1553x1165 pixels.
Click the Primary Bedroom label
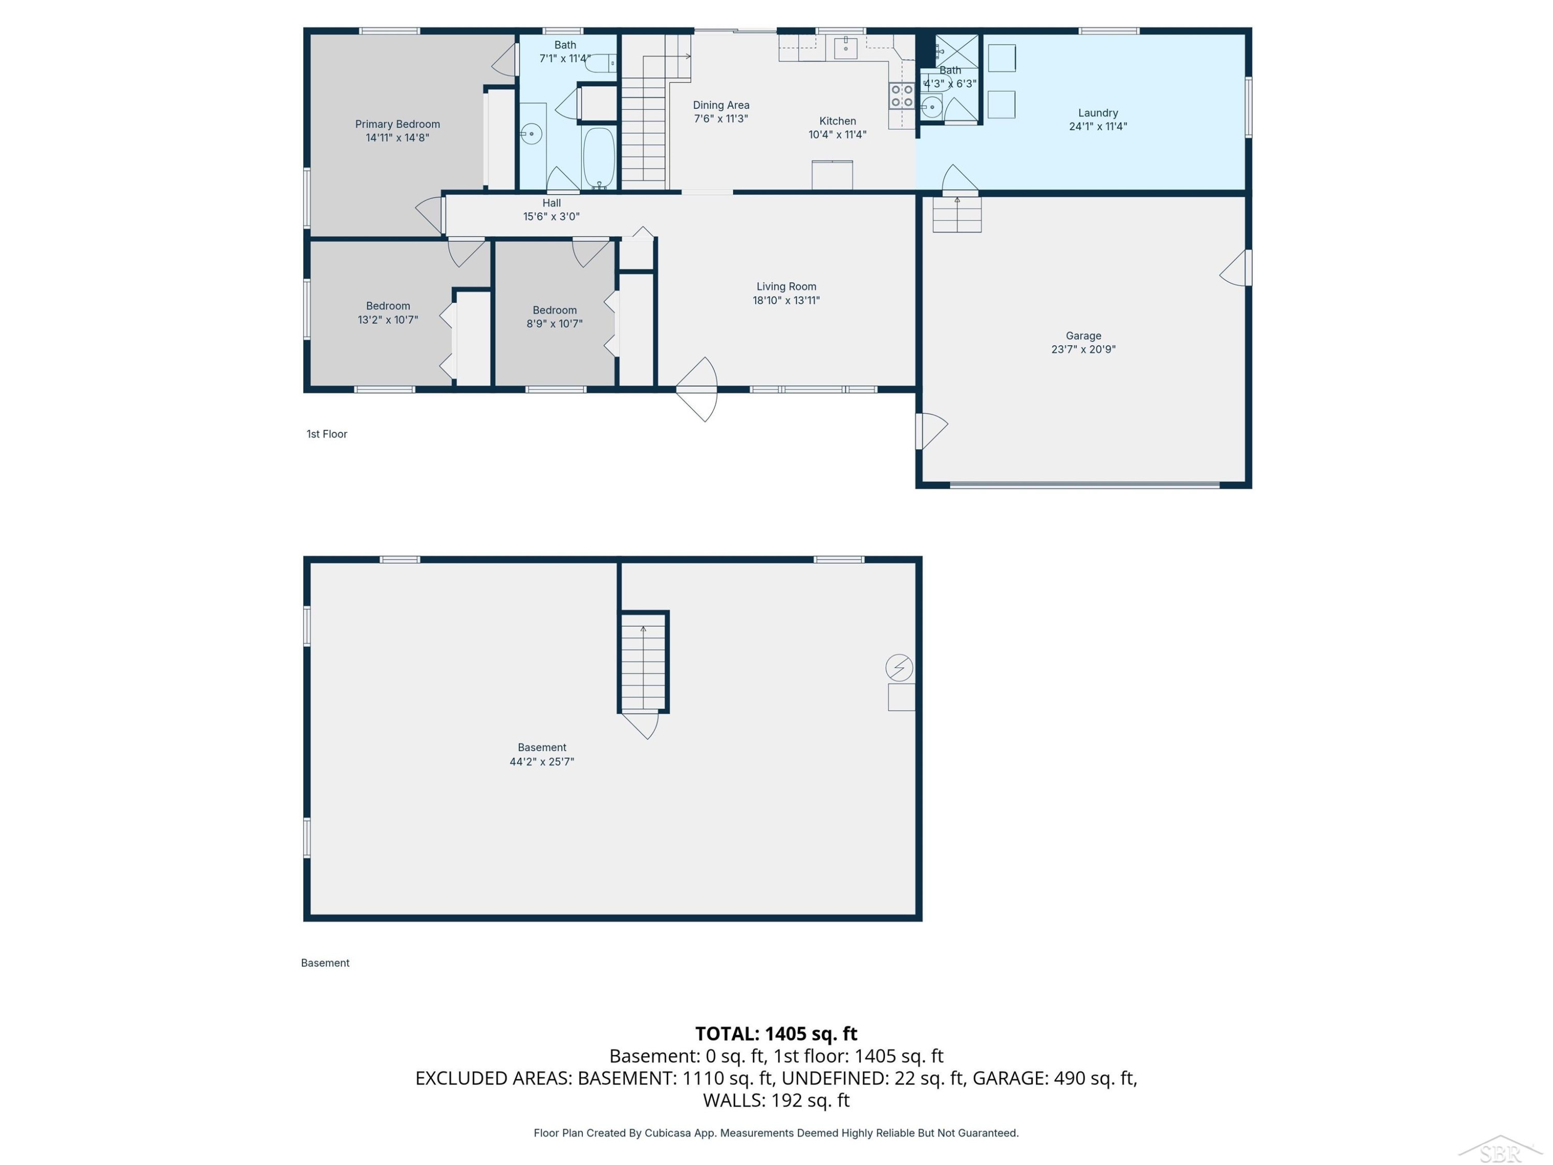click(x=398, y=124)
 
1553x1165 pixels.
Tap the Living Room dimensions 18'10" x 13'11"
click(x=786, y=300)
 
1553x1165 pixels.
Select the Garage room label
click(x=1083, y=336)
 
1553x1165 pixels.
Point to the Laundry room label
click(x=1098, y=113)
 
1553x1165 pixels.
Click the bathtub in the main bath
click(x=599, y=158)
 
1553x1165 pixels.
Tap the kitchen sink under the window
click(x=845, y=48)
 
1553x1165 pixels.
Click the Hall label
click(x=552, y=203)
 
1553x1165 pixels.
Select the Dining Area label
click(x=721, y=105)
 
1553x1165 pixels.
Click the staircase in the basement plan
click(x=643, y=662)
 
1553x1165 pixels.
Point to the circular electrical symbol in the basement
click(x=899, y=667)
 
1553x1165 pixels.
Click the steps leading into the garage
click(x=957, y=214)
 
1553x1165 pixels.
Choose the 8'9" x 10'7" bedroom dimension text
click(x=554, y=324)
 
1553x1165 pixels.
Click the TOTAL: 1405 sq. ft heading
click(x=776, y=1033)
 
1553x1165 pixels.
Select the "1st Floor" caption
click(x=327, y=434)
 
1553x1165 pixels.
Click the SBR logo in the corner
click(x=1500, y=1149)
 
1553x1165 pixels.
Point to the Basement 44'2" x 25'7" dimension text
click(x=542, y=761)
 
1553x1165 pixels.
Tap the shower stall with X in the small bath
click(x=956, y=51)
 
